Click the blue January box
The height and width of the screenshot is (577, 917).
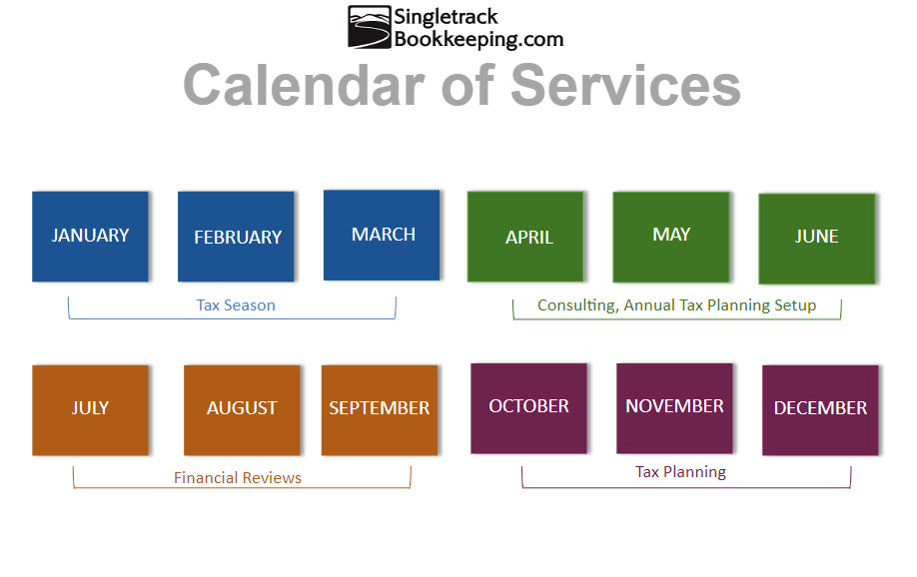tap(90, 237)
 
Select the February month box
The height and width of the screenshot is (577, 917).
tap(236, 237)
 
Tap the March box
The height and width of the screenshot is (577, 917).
tap(382, 235)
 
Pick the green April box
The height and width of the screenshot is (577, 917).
tap(525, 237)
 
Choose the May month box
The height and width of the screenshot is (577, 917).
tap(671, 237)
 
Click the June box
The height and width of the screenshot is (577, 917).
tap(817, 239)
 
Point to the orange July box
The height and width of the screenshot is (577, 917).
tap(90, 410)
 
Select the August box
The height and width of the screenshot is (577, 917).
tap(242, 410)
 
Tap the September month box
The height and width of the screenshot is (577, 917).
tap(380, 410)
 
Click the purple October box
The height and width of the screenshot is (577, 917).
tap(528, 408)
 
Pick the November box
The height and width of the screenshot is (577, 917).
tap(674, 408)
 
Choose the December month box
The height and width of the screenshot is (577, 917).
tap(820, 410)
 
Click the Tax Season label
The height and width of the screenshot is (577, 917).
tap(236, 305)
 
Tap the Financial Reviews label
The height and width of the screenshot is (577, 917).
tap(238, 477)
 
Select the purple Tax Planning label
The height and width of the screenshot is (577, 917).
tap(680, 472)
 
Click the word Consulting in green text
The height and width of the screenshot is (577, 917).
tap(577, 305)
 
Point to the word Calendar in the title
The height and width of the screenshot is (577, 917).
tap(304, 85)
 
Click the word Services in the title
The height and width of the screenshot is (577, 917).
tap(625, 85)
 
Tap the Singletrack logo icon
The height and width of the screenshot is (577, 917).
tap(369, 27)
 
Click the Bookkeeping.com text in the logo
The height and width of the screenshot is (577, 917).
tap(478, 39)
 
